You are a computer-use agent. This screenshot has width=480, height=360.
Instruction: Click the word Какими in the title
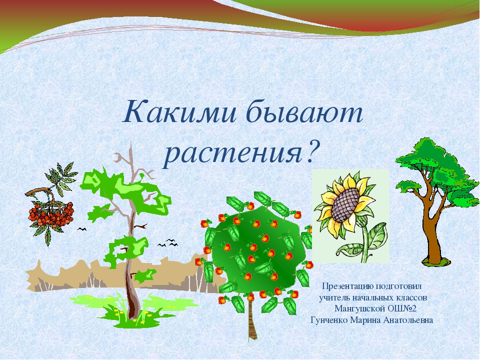(179, 111)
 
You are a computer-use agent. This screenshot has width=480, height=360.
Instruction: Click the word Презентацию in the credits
(348, 286)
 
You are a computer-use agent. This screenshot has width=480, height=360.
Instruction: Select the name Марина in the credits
(365, 320)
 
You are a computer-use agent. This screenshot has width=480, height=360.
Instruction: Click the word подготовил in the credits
(398, 286)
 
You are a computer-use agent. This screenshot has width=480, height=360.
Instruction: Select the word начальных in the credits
(373, 297)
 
